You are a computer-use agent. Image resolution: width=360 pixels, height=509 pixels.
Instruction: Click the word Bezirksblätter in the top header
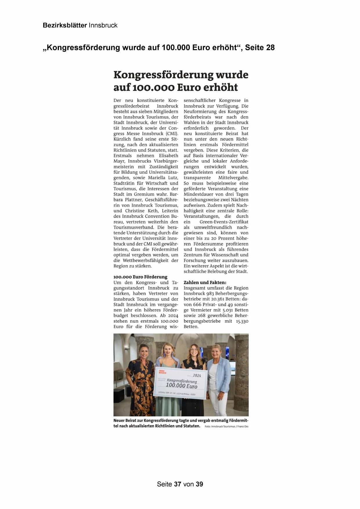(65, 25)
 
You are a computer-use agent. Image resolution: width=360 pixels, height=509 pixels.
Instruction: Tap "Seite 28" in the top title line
(260, 47)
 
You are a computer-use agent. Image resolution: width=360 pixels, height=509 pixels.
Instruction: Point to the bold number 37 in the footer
(178, 484)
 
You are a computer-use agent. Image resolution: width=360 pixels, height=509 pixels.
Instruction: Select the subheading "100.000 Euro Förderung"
(140, 277)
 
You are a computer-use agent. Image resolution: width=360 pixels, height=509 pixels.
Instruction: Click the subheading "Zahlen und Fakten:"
(205, 282)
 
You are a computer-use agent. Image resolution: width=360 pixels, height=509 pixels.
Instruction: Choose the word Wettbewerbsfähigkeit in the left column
(144, 260)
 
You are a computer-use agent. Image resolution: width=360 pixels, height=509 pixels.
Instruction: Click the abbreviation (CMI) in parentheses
(172, 133)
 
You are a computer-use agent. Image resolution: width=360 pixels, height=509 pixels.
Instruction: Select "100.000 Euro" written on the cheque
(182, 386)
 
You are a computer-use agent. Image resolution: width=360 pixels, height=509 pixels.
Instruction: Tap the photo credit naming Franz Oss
(227, 427)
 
